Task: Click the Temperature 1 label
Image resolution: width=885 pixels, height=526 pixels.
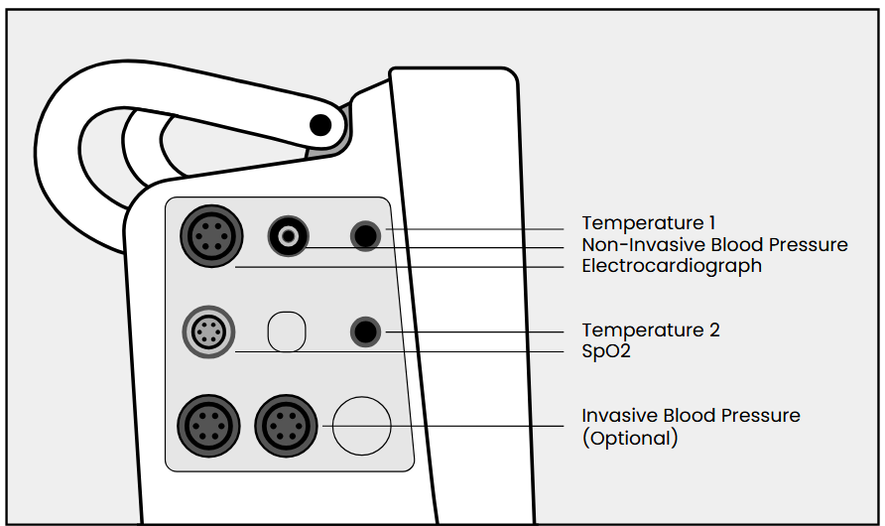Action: (x=648, y=223)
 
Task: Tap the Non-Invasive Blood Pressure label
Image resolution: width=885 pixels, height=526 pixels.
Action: (x=714, y=244)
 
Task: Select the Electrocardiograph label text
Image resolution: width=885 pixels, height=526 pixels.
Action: (x=672, y=266)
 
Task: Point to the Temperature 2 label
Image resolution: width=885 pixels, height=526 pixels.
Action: (x=651, y=329)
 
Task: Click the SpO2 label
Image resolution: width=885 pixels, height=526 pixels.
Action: (x=606, y=351)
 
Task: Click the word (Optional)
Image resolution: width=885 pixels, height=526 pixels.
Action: (x=629, y=438)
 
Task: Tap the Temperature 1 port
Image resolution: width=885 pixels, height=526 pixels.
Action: (x=366, y=236)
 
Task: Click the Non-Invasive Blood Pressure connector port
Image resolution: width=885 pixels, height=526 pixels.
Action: (x=289, y=236)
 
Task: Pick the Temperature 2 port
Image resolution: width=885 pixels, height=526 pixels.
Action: (x=366, y=331)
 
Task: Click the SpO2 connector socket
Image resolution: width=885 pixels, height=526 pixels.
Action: (x=208, y=330)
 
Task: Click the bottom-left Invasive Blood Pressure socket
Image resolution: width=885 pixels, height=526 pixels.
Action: (x=208, y=425)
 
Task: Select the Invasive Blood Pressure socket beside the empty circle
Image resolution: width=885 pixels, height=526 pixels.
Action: (x=286, y=425)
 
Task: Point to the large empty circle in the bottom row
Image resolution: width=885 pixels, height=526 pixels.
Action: (x=361, y=425)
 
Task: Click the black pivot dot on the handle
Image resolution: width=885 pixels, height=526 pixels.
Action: (x=319, y=125)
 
